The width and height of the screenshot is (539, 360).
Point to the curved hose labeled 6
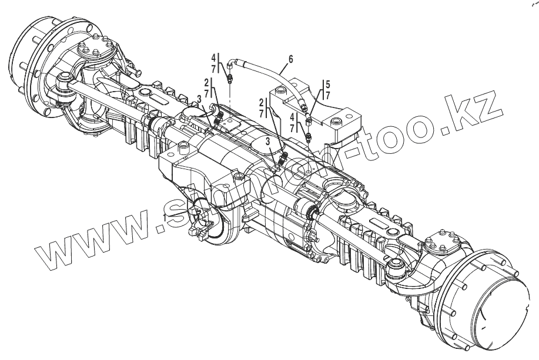tap(270, 76)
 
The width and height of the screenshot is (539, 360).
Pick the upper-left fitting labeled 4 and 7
tap(229, 78)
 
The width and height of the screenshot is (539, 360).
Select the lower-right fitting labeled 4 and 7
tap(310, 137)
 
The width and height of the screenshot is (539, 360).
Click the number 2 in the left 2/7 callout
tap(206, 81)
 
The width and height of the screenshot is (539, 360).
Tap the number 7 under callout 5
tap(327, 95)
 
